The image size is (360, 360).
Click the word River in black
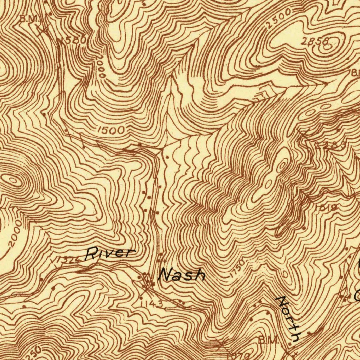[x=110, y=253]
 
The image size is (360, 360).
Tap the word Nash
[x=181, y=275]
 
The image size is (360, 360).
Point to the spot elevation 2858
[x=315, y=41]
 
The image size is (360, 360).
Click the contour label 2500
[x=278, y=18]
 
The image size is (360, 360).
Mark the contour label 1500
[x=111, y=130]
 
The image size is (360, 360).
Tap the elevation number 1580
[x=74, y=40]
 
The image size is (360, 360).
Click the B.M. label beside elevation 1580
[x=30, y=19]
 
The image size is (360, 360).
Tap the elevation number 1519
[x=327, y=208]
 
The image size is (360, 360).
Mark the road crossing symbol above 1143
[x=147, y=280]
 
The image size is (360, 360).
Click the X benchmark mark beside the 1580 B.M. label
[x=43, y=30]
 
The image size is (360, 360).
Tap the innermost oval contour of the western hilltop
[x=13, y=181]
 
